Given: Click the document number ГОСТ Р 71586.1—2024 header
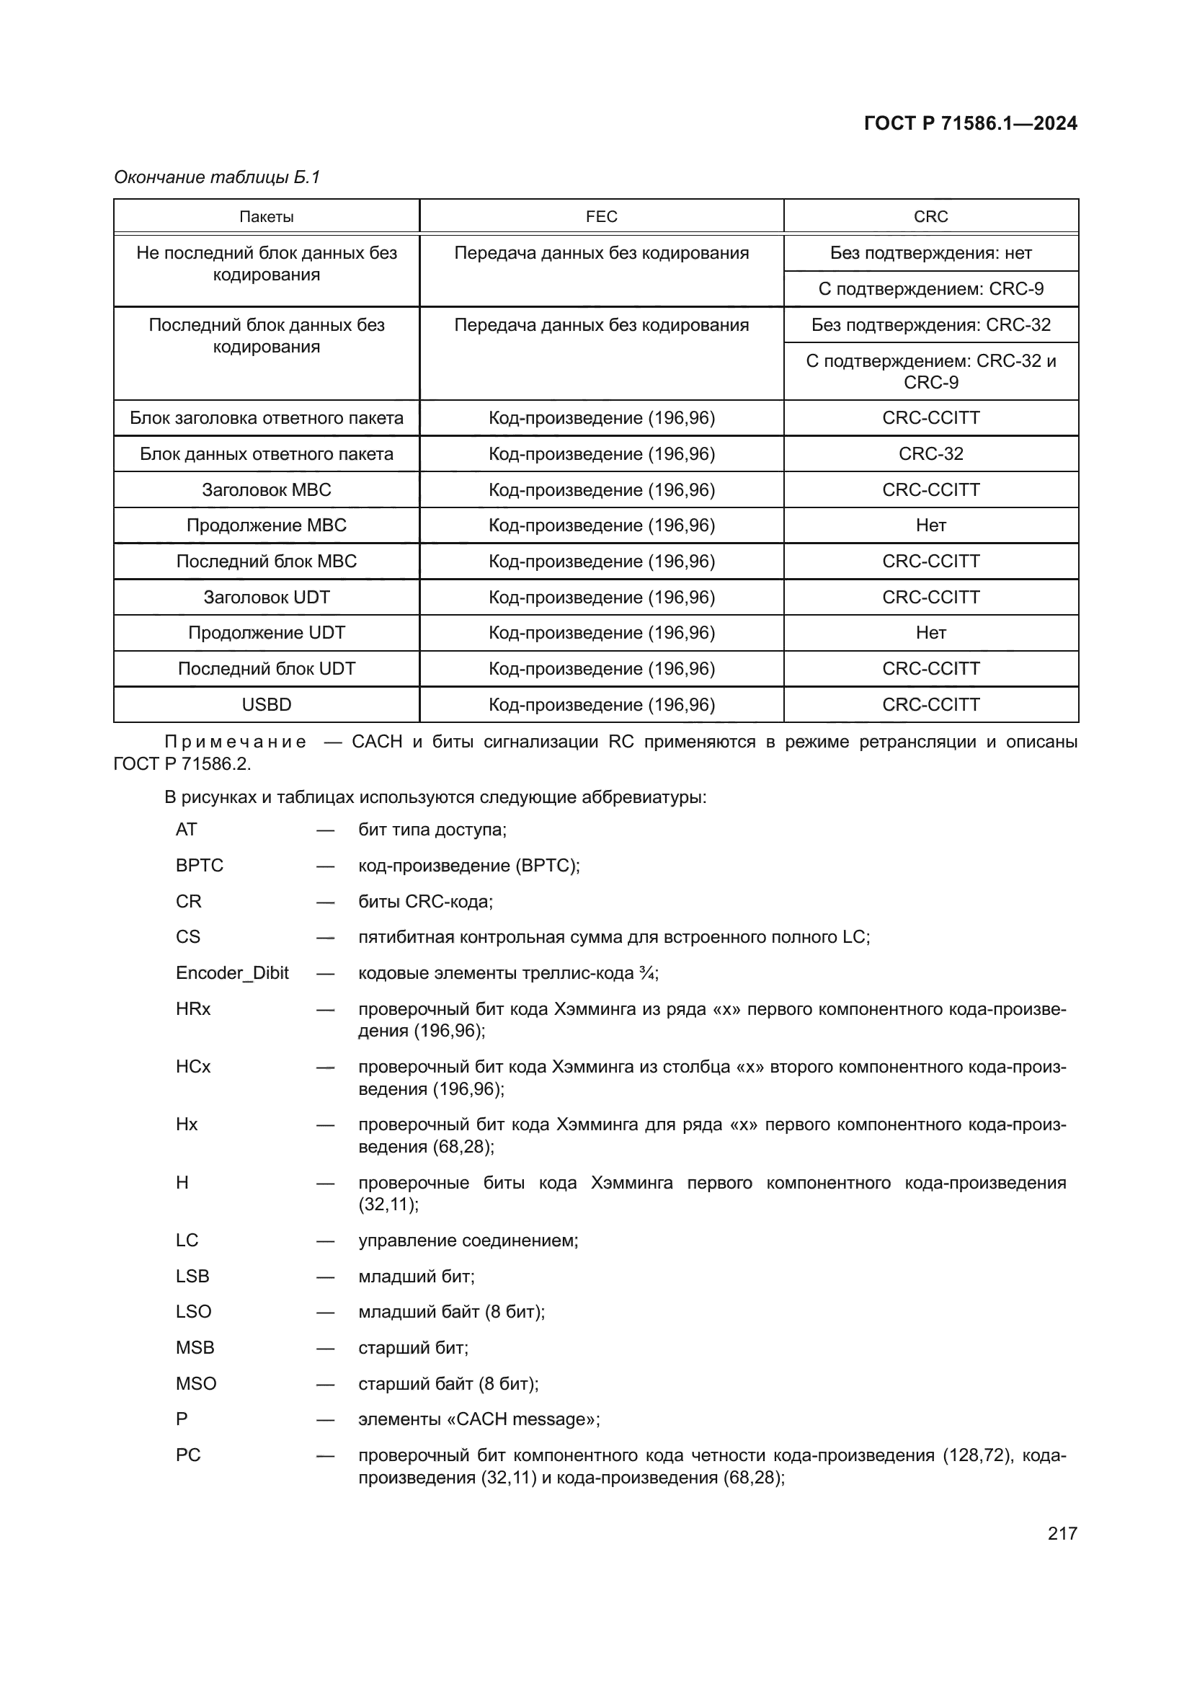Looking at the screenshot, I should coord(969,123).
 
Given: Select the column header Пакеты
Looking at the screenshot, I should coord(267,217).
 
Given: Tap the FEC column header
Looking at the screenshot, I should coord(601,217).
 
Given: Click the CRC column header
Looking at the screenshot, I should coord(930,217).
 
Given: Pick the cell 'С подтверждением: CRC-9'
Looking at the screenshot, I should coord(930,288).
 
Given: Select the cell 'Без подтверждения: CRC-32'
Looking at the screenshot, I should coord(930,324).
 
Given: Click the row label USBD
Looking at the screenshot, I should coord(267,704).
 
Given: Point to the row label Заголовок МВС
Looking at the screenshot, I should coord(267,489).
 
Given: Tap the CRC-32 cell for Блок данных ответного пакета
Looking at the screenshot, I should coord(930,454).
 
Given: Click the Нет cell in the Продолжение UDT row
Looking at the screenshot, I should coord(930,632).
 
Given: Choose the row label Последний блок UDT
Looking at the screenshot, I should coord(267,668).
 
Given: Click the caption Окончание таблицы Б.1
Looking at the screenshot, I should coord(217,177).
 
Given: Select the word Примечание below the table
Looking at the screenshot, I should coord(235,742).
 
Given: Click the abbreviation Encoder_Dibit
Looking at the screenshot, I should coord(232,973).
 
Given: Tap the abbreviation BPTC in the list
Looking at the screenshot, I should coord(199,865).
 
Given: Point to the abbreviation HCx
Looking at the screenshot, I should coord(193,1066).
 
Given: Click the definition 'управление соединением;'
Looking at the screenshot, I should coord(468,1241).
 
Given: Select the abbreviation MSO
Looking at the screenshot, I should coord(196,1383).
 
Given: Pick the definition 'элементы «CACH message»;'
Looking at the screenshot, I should coord(479,1419).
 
